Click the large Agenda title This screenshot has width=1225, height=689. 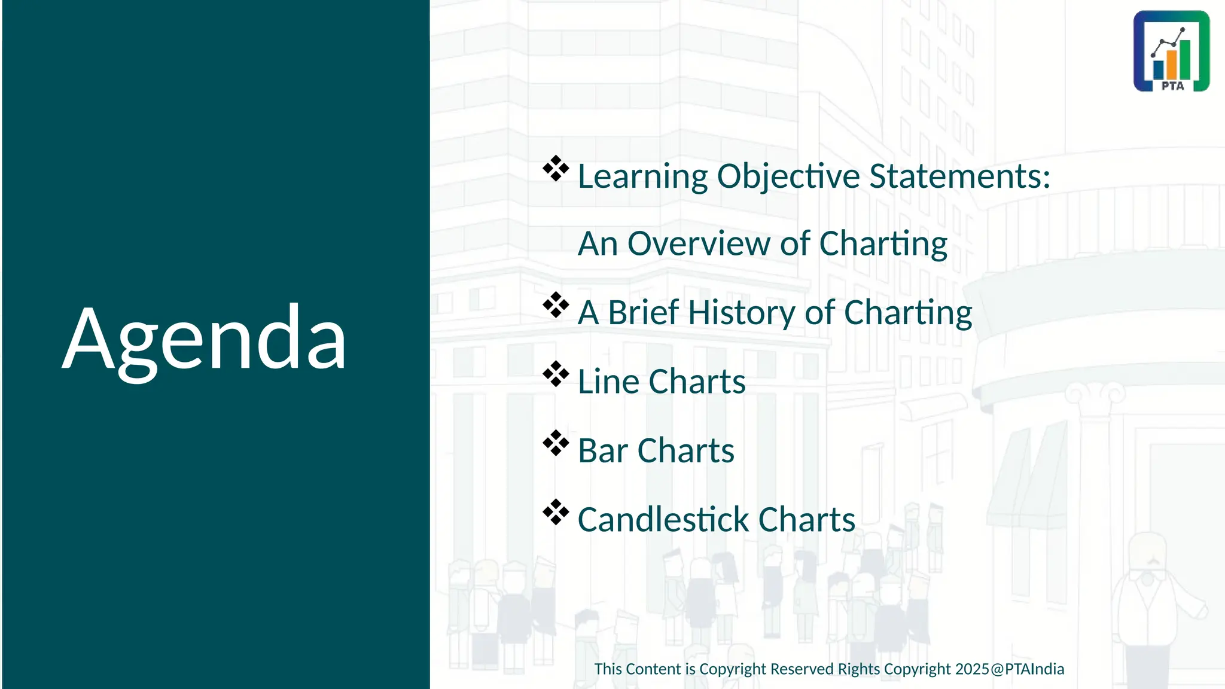[x=205, y=338]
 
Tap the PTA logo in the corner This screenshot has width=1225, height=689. [x=1171, y=51]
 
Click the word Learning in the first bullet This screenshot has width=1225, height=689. [x=642, y=177]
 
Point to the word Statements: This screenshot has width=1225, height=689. [x=959, y=177]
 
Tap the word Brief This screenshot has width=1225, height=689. [x=644, y=313]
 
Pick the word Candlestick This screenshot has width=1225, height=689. [x=663, y=519]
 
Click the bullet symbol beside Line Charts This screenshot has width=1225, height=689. [x=556, y=374]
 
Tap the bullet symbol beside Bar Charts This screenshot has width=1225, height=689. [x=556, y=443]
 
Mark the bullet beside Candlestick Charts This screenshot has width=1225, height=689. [x=556, y=512]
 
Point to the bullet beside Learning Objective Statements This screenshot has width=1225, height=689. [x=556, y=169]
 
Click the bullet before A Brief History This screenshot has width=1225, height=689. [x=556, y=305]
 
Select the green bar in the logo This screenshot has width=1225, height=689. [x=1185, y=59]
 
